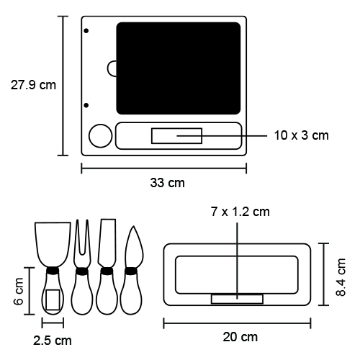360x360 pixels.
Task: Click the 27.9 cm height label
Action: click(33, 85)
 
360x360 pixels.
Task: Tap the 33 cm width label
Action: click(167, 183)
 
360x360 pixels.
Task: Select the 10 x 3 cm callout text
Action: click(301, 135)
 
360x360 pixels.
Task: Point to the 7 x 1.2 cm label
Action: click(240, 212)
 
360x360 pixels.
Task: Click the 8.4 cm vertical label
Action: click(341, 277)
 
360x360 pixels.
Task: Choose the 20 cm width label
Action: click(240, 337)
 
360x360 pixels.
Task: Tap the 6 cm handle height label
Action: click(19, 292)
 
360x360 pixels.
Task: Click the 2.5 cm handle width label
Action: click(53, 341)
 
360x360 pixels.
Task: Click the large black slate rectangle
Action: click(179, 68)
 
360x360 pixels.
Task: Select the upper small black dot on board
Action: click(86, 31)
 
